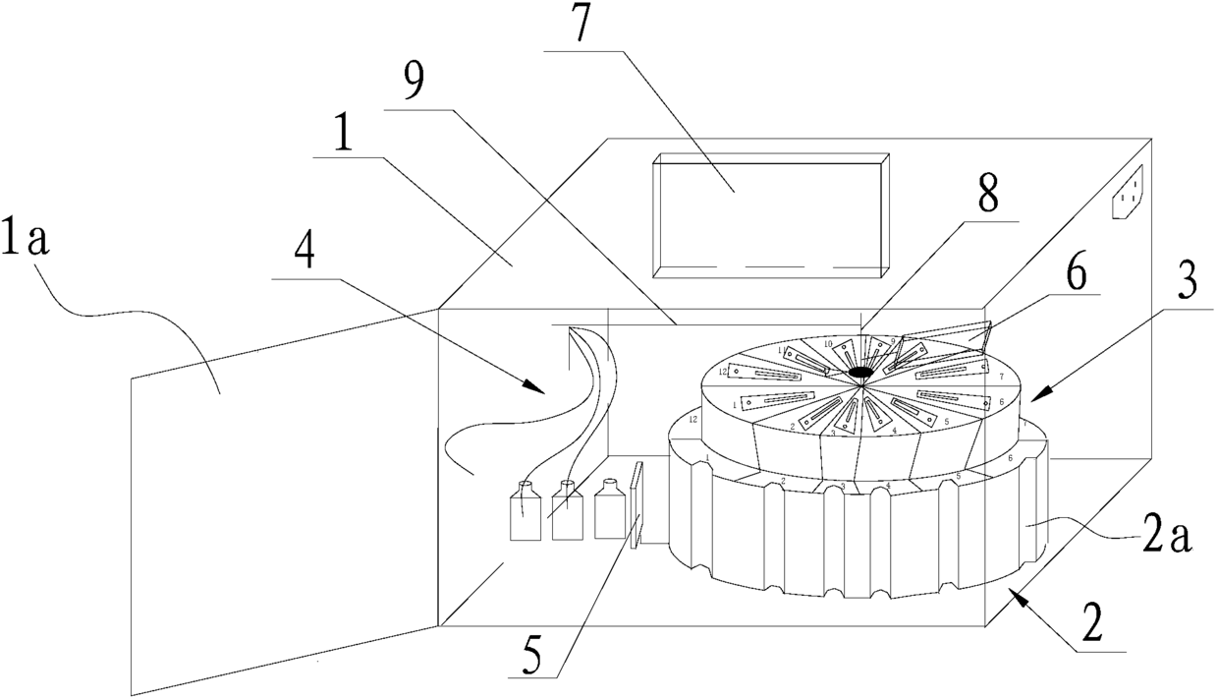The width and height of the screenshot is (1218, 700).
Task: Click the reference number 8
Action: [986, 196]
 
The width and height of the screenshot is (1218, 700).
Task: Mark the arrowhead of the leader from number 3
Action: [1030, 400]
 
